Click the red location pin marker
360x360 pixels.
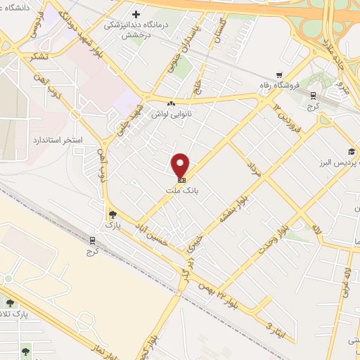click(x=181, y=166)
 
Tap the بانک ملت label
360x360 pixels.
click(x=181, y=190)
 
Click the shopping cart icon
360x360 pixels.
click(x=279, y=75)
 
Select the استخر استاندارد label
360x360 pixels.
click(x=58, y=141)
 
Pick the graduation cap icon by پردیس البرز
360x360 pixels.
click(x=351, y=153)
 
